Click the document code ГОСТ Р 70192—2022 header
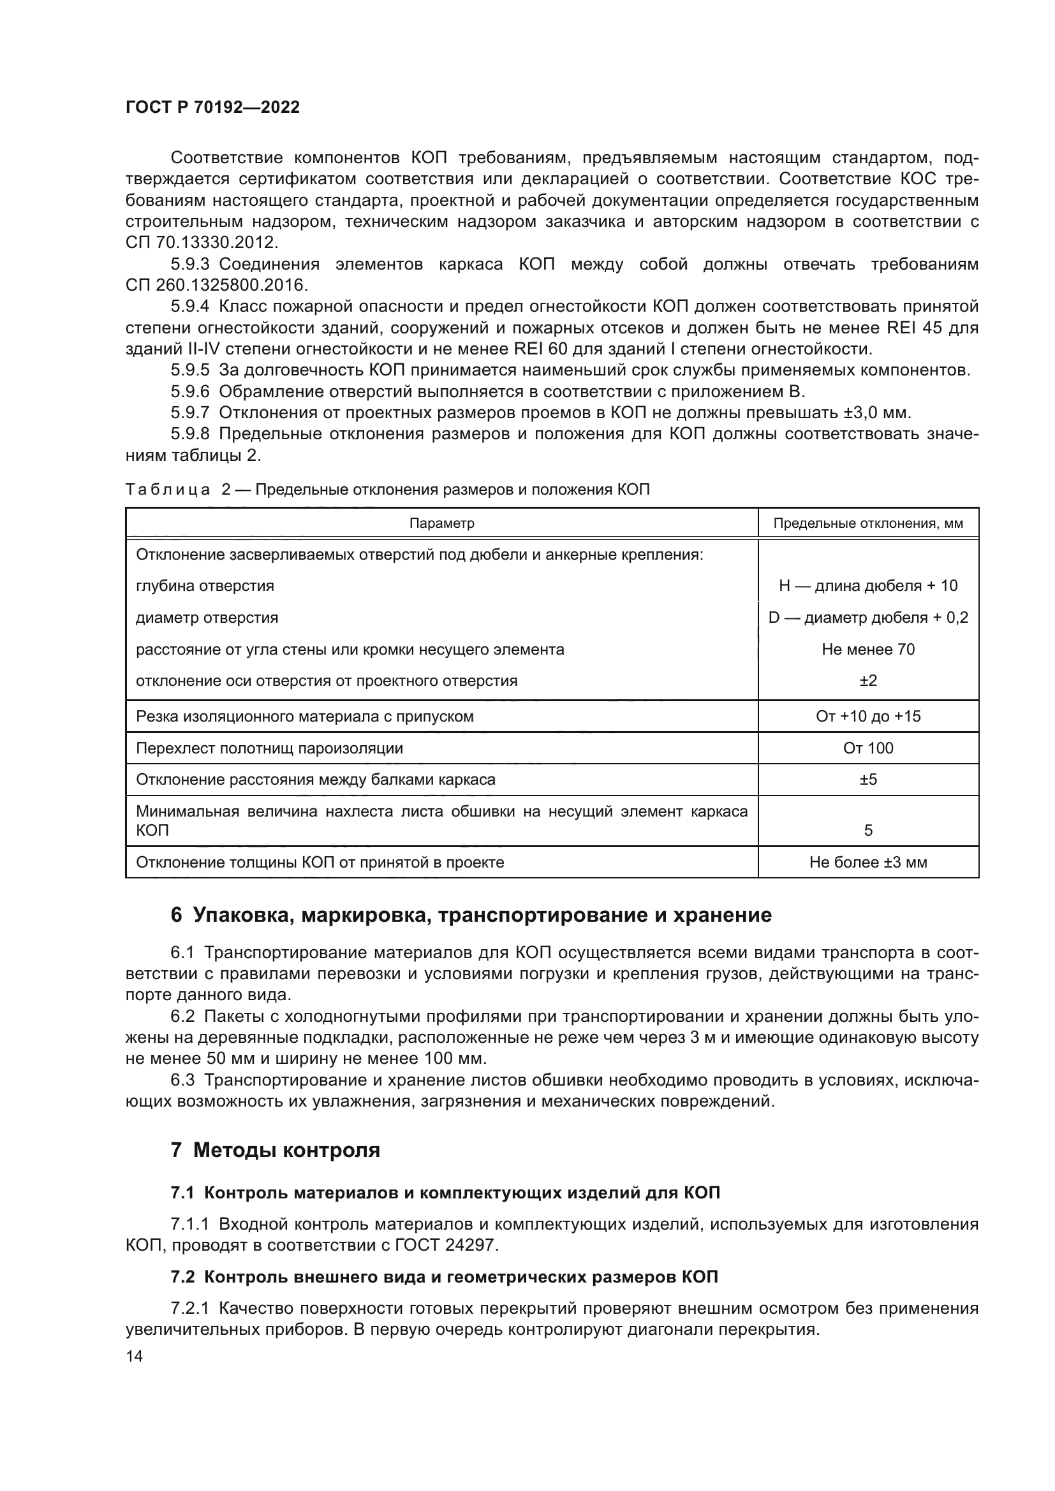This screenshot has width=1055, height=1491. tap(212, 107)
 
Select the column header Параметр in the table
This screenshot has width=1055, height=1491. tap(441, 523)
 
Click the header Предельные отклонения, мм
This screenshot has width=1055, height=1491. tap(868, 523)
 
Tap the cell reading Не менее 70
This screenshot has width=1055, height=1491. tap(868, 650)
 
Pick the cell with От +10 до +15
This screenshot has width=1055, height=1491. tap(868, 716)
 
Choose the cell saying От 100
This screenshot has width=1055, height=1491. tap(868, 748)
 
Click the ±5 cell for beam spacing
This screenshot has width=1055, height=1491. tap(868, 779)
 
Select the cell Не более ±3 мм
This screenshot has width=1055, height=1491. tap(868, 862)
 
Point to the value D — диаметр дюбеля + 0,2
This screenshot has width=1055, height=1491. tap(868, 618)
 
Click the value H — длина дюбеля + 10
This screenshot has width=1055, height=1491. tap(868, 586)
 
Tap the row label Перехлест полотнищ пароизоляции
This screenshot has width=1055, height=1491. tap(269, 748)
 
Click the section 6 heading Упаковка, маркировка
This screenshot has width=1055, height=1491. tap(471, 915)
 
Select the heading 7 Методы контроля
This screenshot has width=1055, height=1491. tap(276, 1150)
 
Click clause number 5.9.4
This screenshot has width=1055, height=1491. tap(189, 307)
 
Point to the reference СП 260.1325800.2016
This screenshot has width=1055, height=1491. tap(217, 285)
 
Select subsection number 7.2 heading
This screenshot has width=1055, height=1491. tap(182, 1277)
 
